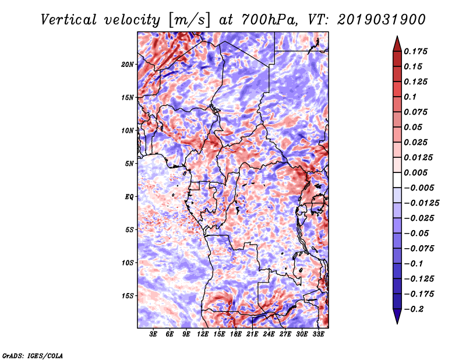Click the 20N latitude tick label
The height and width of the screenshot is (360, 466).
[128, 65]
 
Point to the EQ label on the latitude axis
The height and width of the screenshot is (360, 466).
[129, 197]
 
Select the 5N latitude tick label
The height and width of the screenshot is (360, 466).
[129, 164]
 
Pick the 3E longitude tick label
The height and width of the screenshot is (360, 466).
[153, 334]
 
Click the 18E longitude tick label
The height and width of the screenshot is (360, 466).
[236, 334]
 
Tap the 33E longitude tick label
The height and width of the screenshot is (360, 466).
[318, 334]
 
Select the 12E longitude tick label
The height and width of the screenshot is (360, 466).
[203, 334]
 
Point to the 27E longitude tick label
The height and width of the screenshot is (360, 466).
[285, 334]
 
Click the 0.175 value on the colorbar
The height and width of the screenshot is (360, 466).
[415, 51]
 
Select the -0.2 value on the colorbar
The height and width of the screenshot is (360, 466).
[414, 309]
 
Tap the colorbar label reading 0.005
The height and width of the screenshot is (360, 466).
[415, 172]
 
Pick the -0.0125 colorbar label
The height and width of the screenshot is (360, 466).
[421, 203]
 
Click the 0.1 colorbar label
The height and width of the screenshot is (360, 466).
[410, 97]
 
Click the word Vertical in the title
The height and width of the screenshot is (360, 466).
[69, 20]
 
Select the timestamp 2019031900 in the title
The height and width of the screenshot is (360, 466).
[382, 20]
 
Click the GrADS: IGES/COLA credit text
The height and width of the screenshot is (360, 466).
[33, 356]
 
